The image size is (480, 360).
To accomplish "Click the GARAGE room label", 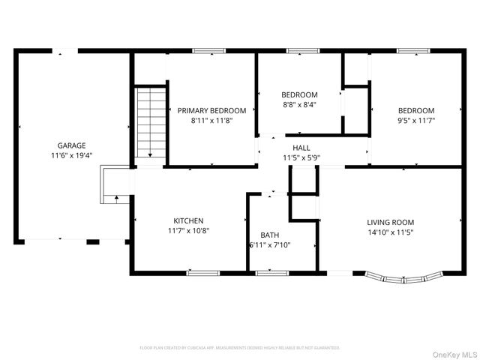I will coord(72,145).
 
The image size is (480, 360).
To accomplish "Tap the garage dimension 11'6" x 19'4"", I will coord(72,156).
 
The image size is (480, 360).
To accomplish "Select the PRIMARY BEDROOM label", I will coord(211,110).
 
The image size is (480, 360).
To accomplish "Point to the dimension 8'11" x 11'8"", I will coord(211,120).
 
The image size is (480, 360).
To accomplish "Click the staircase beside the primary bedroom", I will coord(151,123).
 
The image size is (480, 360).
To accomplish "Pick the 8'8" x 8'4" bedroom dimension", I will coord(299,105).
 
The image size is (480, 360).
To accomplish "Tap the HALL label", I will coord(301,148).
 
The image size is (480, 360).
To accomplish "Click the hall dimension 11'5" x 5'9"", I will coord(301,158).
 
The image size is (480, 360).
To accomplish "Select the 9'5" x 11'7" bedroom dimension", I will coord(415,120).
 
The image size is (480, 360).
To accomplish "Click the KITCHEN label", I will coord(188,220).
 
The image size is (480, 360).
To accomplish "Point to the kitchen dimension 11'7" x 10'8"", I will coord(188,231).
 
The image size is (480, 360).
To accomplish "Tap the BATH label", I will coord(269,235).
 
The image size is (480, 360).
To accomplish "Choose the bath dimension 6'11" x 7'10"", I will coord(269,245).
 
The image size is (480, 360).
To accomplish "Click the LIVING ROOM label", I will coord(390,222).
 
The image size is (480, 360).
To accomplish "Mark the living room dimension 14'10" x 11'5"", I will coord(390,232).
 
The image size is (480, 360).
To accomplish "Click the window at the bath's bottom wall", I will coord(272,273).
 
